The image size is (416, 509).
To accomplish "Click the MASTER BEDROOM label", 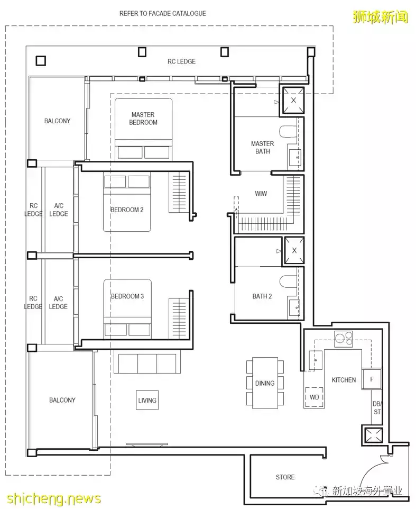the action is [143, 119].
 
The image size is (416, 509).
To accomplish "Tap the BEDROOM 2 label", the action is [127, 210].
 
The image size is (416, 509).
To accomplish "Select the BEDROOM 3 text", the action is [127, 296].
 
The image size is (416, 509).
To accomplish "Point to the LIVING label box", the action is [147, 400].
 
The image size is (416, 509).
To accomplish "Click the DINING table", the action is [265, 383].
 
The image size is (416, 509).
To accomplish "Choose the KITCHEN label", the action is [344, 380].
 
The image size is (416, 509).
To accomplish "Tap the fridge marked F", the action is [372, 379].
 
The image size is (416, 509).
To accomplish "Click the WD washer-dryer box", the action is [314, 397].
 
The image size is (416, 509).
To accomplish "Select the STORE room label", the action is [285, 477].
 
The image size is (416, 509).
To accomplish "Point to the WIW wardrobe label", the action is [261, 194].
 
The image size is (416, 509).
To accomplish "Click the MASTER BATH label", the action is [262, 148].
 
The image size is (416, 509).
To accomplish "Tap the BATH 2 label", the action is [262, 296].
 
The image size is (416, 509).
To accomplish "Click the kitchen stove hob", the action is [344, 339].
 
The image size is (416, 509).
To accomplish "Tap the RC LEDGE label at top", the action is [182, 61].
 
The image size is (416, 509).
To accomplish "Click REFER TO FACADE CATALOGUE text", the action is [162, 13].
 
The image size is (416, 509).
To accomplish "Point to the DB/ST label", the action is [377, 408].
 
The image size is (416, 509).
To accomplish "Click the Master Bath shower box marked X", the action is [293, 101].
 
